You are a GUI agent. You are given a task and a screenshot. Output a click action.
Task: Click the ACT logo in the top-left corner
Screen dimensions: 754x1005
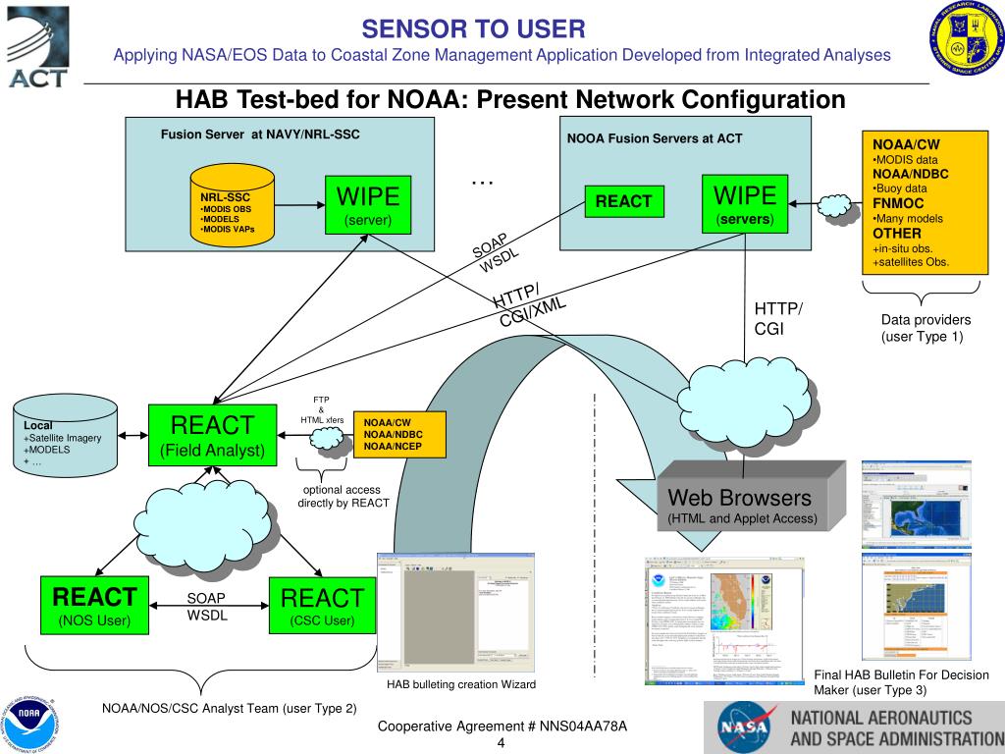37,47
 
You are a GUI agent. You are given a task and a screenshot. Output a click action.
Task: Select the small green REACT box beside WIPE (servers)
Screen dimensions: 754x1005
623,201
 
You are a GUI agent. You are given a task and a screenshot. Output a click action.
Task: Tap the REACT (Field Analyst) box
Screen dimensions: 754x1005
212,435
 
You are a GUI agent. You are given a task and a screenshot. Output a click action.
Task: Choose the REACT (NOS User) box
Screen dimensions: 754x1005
94,605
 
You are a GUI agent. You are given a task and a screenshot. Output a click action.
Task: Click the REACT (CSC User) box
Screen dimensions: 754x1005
322,605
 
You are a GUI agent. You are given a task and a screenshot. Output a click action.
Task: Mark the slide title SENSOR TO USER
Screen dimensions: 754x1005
473,28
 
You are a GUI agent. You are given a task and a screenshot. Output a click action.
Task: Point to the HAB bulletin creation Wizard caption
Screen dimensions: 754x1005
461,684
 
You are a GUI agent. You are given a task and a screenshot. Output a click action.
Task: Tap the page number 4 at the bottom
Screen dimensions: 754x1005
501,742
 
